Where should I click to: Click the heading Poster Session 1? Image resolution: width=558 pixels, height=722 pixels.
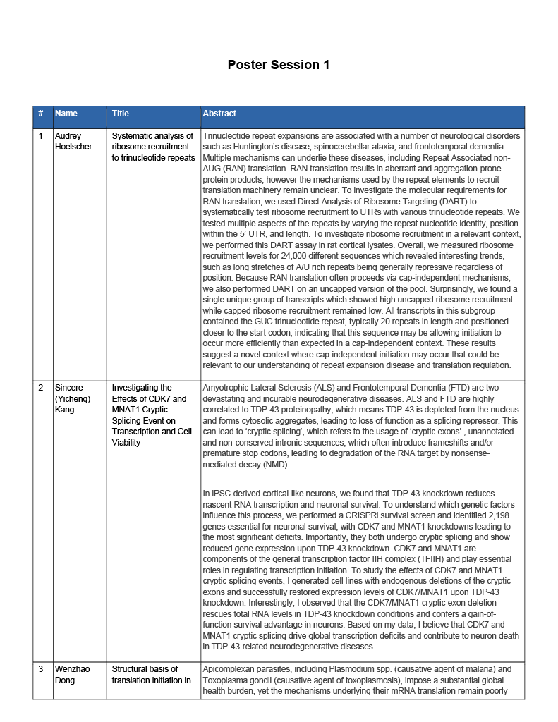(278, 65)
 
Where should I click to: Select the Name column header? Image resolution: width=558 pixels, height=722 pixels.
(66, 114)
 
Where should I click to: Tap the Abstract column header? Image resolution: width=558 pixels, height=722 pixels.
(219, 114)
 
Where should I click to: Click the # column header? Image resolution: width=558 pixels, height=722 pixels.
(41, 114)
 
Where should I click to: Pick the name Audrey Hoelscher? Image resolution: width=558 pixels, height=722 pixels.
(73, 141)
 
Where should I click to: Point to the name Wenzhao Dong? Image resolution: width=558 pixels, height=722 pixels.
(71, 674)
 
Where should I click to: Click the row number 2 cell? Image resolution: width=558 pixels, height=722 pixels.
(41, 388)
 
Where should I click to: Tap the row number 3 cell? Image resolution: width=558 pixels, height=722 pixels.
(41, 669)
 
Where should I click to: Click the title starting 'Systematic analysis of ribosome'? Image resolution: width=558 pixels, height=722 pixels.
(152, 147)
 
